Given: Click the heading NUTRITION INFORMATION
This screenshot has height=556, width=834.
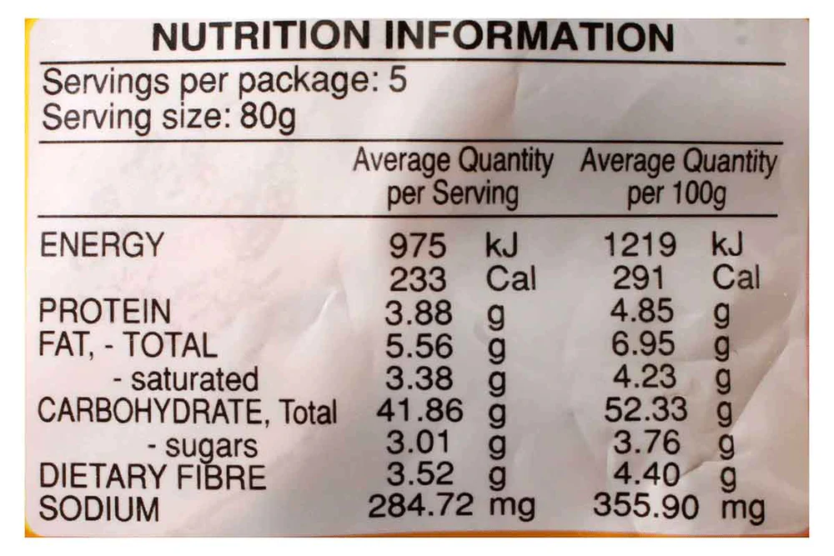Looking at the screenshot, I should [x=413, y=38].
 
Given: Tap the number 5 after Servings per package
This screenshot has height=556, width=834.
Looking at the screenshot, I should [x=398, y=83].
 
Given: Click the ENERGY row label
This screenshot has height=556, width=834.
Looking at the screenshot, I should [x=103, y=245].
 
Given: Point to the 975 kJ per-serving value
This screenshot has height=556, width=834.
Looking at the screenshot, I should [x=419, y=247].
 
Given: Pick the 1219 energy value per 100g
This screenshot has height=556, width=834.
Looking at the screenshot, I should [x=640, y=246].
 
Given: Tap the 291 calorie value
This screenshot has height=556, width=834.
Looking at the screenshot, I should [x=640, y=278].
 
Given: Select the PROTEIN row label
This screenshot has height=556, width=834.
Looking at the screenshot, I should [x=105, y=312].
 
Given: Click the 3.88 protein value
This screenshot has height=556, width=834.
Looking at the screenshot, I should [x=419, y=313].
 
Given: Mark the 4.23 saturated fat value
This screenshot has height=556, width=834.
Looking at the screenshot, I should [x=646, y=377].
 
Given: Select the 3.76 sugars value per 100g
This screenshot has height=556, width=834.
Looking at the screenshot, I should [x=646, y=443].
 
